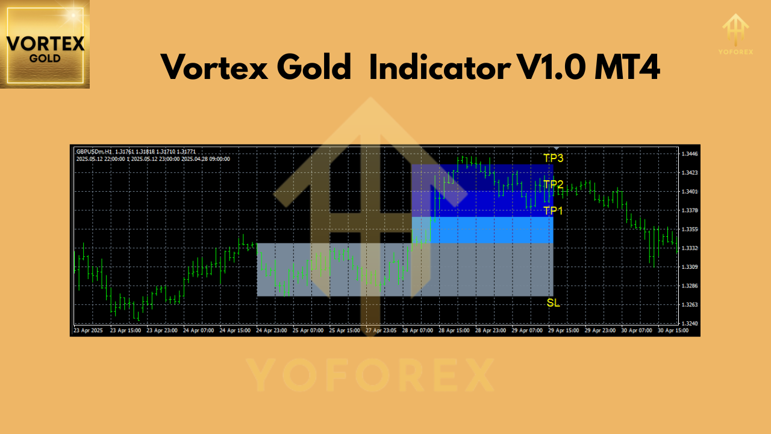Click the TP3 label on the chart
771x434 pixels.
(553, 158)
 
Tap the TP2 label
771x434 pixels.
(553, 184)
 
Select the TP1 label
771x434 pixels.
(553, 210)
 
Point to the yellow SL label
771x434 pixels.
(553, 303)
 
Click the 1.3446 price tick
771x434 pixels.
(690, 154)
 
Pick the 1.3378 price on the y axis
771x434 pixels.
(690, 210)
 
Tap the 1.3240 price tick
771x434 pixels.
(690, 324)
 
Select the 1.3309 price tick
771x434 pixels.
(690, 267)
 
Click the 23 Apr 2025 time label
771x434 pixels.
(88, 331)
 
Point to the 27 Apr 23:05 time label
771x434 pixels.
(380, 331)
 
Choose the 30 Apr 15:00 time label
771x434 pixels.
(672, 331)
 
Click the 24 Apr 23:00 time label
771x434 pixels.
(271, 331)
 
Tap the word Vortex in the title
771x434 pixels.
(211, 67)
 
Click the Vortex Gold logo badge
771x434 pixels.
(45, 44)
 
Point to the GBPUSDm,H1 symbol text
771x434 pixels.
(94, 151)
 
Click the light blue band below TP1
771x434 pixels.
(482, 230)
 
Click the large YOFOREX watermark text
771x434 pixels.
(370, 376)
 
